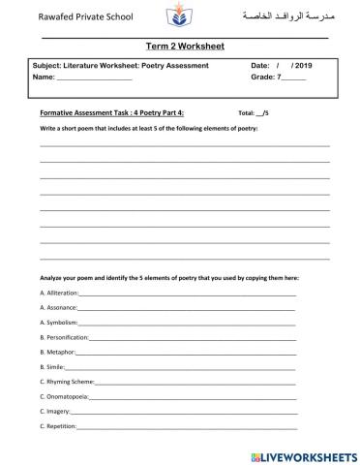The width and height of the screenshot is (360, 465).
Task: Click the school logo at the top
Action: click(x=180, y=16)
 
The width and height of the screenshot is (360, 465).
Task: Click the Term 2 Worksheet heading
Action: click(x=179, y=46)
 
